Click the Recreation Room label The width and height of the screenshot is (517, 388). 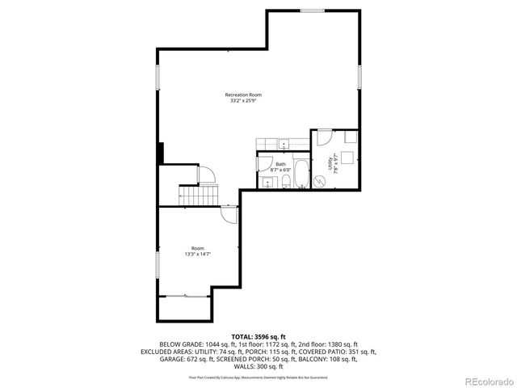[242, 95]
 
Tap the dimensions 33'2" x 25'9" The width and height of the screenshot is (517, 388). [242, 101]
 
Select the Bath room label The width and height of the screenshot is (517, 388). [280, 164]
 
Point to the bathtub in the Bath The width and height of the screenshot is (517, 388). [301, 173]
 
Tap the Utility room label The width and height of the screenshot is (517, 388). [330, 164]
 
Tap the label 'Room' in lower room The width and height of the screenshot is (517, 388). [198, 248]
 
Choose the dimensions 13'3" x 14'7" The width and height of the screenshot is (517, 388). [198, 255]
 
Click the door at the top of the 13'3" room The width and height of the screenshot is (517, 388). [229, 214]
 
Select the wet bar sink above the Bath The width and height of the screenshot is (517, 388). [284, 145]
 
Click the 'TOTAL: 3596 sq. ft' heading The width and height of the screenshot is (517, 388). [258, 336]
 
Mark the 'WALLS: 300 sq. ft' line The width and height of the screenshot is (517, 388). [258, 366]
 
